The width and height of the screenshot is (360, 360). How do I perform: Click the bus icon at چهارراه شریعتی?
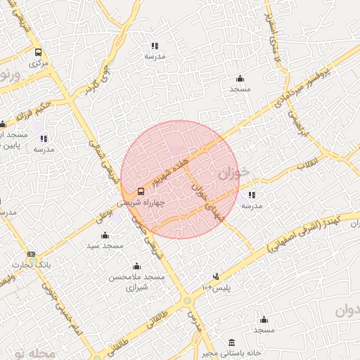point(141,191)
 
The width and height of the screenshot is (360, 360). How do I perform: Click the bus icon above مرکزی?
point(38,52)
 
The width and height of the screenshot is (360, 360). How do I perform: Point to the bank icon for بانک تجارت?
point(31,254)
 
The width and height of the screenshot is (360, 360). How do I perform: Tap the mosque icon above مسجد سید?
point(105,235)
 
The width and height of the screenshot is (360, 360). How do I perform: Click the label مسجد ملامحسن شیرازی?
point(136,283)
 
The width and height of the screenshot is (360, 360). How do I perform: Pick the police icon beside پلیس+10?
point(216,276)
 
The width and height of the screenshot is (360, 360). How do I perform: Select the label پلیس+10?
point(216,288)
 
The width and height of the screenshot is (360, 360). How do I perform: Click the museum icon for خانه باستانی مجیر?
point(232,342)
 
